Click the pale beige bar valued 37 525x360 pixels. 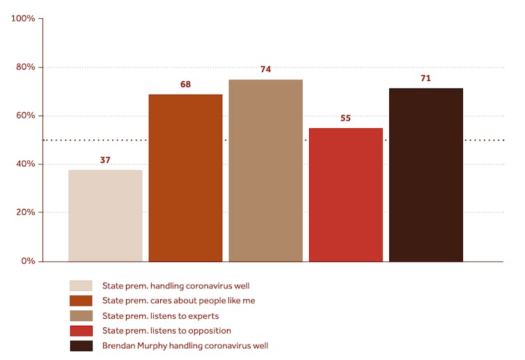pyautogui.click(x=105, y=215)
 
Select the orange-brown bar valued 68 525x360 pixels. pyautogui.click(x=185, y=178)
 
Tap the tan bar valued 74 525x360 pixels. pyautogui.click(x=265, y=171)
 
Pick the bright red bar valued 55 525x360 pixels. pyautogui.click(x=345, y=194)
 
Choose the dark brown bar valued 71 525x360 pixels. pyautogui.click(x=425, y=175)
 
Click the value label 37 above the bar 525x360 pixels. pyautogui.click(x=105, y=160)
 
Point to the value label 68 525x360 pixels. pyautogui.click(x=185, y=84)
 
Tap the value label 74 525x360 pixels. pyautogui.click(x=265, y=70)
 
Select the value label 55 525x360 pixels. pyautogui.click(x=345, y=118)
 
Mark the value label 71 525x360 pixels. pyautogui.click(x=425, y=78)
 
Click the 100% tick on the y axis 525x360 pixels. pyautogui.click(x=23, y=19)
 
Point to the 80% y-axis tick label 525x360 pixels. pyautogui.click(x=25, y=68)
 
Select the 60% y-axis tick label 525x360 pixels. pyautogui.click(x=25, y=116)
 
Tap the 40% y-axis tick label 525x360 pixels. pyautogui.click(x=25, y=164)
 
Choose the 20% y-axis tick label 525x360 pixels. pyautogui.click(x=25, y=212)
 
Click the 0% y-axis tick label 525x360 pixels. pyautogui.click(x=28, y=261)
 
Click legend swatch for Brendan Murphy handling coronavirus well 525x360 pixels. pyautogui.click(x=81, y=346)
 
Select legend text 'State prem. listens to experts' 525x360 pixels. pyautogui.click(x=160, y=316)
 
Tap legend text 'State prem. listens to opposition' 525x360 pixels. pyautogui.click(x=166, y=331)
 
